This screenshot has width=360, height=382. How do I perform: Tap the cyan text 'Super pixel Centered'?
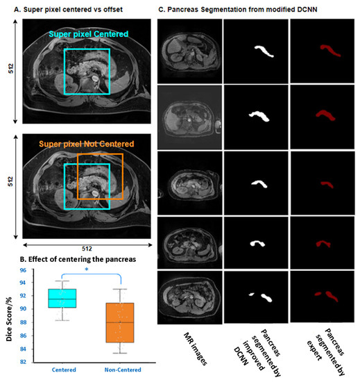tap(86, 32)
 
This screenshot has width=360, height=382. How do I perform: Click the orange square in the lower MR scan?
tap(99, 177)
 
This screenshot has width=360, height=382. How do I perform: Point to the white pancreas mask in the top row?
tap(262, 52)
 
